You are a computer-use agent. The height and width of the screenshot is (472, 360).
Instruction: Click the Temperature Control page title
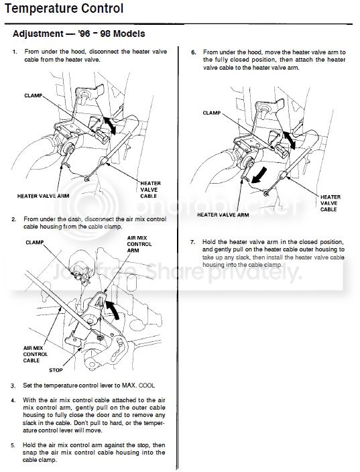(x=64, y=8)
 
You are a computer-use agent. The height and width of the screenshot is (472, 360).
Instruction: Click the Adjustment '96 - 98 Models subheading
(x=79, y=34)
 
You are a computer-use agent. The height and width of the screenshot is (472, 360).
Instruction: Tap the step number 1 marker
(x=15, y=52)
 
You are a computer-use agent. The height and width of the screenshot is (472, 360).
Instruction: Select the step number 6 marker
(x=194, y=52)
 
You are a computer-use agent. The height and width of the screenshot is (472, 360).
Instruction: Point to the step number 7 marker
(x=193, y=242)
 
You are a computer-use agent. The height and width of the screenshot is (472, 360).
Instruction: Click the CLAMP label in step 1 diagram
(x=33, y=95)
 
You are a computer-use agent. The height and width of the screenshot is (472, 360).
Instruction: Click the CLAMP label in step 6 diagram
(x=212, y=113)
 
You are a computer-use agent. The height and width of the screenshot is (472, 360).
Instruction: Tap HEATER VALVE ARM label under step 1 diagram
(x=43, y=196)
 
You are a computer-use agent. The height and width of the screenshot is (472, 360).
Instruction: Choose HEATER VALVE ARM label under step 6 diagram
(x=223, y=215)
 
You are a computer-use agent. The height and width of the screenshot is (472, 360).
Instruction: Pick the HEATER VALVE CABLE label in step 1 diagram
(x=150, y=190)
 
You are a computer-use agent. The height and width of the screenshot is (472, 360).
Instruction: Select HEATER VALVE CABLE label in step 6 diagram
(x=331, y=203)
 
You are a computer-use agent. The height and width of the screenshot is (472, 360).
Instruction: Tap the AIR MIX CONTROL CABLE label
(x=36, y=354)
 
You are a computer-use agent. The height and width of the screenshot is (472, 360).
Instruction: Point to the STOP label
(x=56, y=370)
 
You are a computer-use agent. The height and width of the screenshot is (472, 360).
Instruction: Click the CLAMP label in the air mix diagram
(x=35, y=242)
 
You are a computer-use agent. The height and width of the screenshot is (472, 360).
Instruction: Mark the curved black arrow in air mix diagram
(x=113, y=308)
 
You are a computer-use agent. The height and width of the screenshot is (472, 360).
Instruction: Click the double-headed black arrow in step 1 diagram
(x=109, y=125)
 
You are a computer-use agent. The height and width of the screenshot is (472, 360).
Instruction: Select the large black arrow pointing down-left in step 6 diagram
(x=259, y=176)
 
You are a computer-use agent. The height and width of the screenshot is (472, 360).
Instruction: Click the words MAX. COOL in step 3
(x=139, y=386)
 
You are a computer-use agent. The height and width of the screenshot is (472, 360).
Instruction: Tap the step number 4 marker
(x=13, y=401)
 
